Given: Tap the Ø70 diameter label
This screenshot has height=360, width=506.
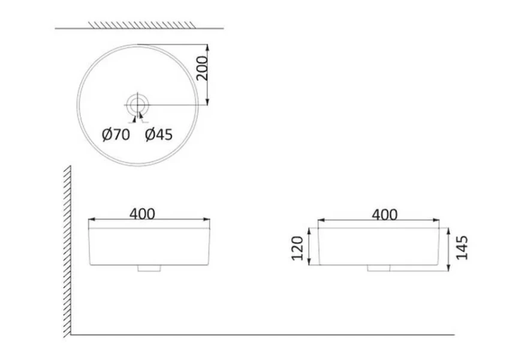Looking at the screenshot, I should pyautogui.click(x=115, y=135).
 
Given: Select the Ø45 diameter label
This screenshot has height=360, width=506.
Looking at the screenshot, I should pyautogui.click(x=159, y=135).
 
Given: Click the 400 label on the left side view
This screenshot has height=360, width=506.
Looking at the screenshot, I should pyautogui.click(x=142, y=214).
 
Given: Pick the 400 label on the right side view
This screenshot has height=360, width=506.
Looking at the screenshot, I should pyautogui.click(x=384, y=214).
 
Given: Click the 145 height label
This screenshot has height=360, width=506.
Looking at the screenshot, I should pyautogui.click(x=462, y=247).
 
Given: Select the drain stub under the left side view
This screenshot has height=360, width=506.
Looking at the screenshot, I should pyautogui.click(x=150, y=269).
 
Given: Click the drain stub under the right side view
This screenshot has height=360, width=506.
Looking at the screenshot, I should pyautogui.click(x=379, y=268).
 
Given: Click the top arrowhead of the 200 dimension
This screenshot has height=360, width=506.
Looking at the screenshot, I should pyautogui.click(x=207, y=47).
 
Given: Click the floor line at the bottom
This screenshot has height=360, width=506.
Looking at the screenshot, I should pyautogui.click(x=264, y=335).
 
